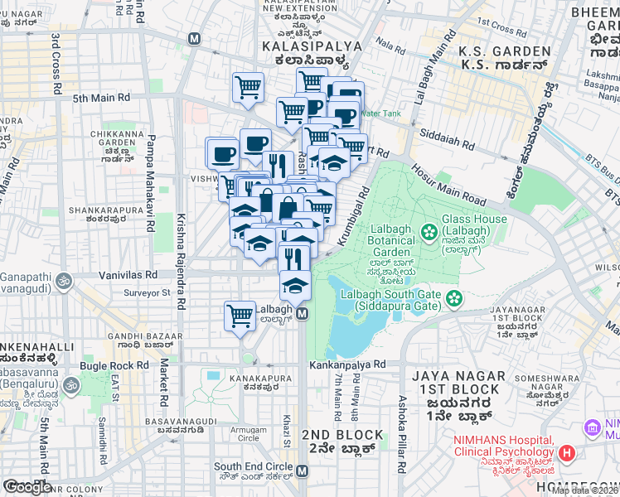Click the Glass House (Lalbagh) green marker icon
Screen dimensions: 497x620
tap(429, 231)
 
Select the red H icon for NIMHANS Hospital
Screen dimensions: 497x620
tap(567, 453)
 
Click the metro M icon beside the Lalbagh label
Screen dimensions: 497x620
tap(303, 313)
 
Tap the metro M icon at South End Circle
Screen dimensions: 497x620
tap(302, 470)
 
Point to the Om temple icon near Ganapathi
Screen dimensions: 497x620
tap(64, 283)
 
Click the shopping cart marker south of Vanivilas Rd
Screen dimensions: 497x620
tap(240, 315)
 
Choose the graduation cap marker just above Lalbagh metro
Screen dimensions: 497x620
tap(294, 285)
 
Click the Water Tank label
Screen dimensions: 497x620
tap(380, 113)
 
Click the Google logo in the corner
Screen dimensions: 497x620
tap(27, 487)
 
